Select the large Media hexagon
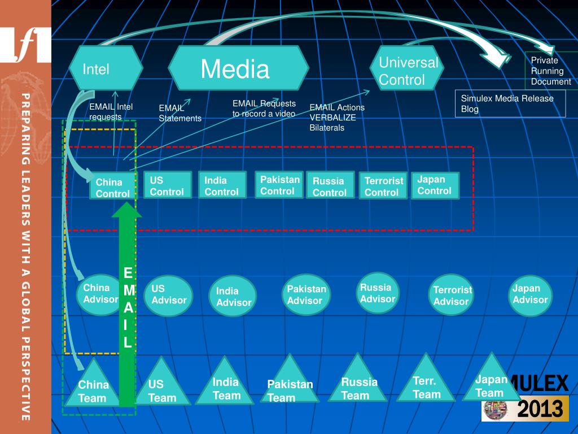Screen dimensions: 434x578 238,68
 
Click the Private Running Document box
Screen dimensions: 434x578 550,71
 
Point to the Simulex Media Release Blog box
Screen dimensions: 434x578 510,103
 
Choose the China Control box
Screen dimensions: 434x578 113,187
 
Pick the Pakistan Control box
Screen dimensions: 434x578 279,185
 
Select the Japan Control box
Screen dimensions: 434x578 435,185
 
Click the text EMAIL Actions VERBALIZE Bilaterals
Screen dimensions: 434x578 337,117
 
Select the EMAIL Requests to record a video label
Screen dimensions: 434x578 264,108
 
